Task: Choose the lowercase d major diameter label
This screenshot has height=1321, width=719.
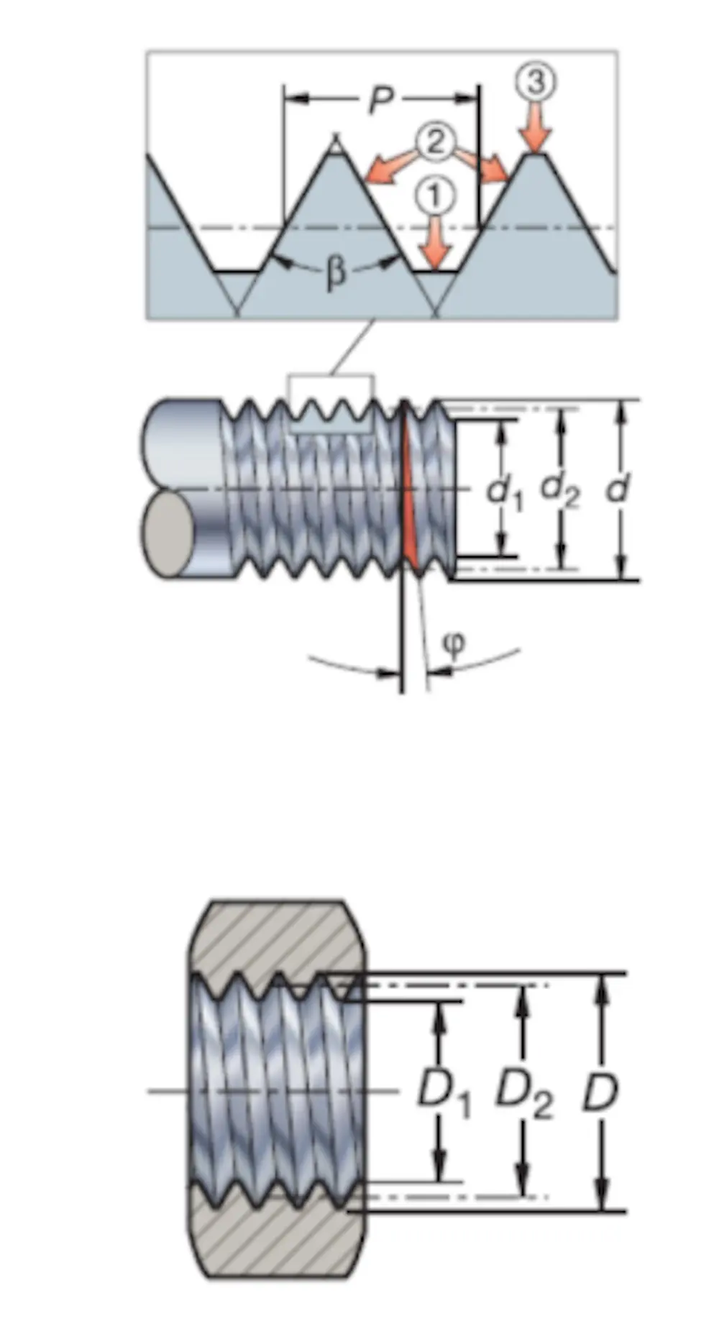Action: pos(617,489)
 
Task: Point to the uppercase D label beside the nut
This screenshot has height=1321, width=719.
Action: pos(600,1092)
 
